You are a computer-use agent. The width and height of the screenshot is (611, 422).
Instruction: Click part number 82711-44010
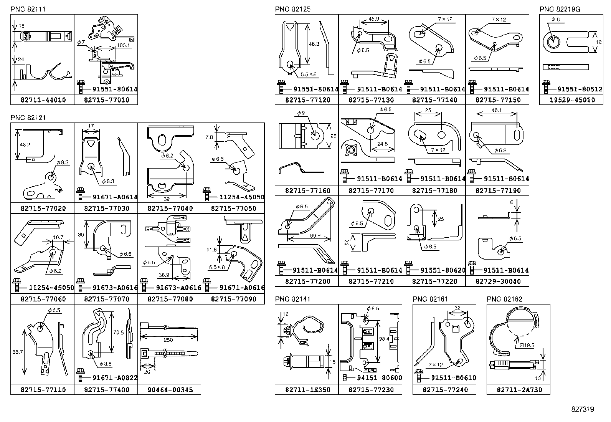[x=42, y=100]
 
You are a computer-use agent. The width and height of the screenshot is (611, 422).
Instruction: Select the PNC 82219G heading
[x=557, y=9]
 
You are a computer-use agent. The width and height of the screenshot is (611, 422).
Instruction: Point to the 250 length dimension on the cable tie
[x=168, y=340]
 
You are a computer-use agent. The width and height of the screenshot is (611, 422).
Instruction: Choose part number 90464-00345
[x=169, y=390]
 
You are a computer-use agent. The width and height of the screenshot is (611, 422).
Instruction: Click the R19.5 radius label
[x=527, y=345]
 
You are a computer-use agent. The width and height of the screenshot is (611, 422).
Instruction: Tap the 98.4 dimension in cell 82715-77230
[x=384, y=339]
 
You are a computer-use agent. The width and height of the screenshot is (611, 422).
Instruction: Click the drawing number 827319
[x=582, y=409]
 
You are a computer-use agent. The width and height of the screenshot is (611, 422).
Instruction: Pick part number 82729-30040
[x=497, y=281]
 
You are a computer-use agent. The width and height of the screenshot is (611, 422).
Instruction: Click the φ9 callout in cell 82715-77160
[x=301, y=113]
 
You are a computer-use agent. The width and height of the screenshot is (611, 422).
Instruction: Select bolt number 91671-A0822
[x=114, y=378]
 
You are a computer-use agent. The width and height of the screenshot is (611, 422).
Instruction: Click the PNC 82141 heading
[x=292, y=299]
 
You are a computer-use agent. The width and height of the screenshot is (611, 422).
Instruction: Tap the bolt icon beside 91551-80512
[x=545, y=87]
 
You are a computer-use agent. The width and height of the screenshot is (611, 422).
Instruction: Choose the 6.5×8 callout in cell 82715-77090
[x=217, y=266]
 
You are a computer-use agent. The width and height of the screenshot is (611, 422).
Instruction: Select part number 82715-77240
[x=444, y=390]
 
